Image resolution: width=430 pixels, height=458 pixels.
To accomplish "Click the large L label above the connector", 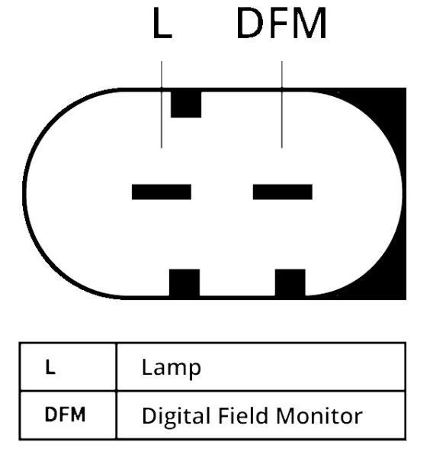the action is (x=162, y=23).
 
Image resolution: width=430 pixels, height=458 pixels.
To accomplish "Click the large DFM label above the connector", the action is (x=281, y=23).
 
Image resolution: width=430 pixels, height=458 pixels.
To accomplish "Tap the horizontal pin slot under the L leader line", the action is (x=162, y=192).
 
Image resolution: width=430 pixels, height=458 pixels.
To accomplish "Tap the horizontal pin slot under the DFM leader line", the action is (x=282, y=192).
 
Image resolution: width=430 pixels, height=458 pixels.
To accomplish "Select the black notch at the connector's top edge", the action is (x=186, y=105).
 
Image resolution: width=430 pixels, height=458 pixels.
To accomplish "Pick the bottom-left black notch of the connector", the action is (x=185, y=282).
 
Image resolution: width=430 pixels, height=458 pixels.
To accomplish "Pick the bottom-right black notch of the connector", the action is (x=290, y=282).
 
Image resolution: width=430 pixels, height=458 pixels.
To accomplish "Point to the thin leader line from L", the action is (x=162, y=105).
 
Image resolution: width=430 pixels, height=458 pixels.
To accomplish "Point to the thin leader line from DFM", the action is (x=282, y=105).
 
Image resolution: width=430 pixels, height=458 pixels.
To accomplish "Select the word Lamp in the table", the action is (x=172, y=369).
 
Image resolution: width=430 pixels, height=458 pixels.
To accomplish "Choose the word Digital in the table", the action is (x=176, y=417).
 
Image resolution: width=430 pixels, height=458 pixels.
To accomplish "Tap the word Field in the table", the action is (x=243, y=415).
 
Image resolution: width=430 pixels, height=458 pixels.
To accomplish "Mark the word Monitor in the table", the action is (x=319, y=415).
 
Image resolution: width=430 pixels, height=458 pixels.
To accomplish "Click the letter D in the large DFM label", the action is (x=250, y=23).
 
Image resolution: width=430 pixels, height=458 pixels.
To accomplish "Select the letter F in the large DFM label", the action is (x=278, y=23).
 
